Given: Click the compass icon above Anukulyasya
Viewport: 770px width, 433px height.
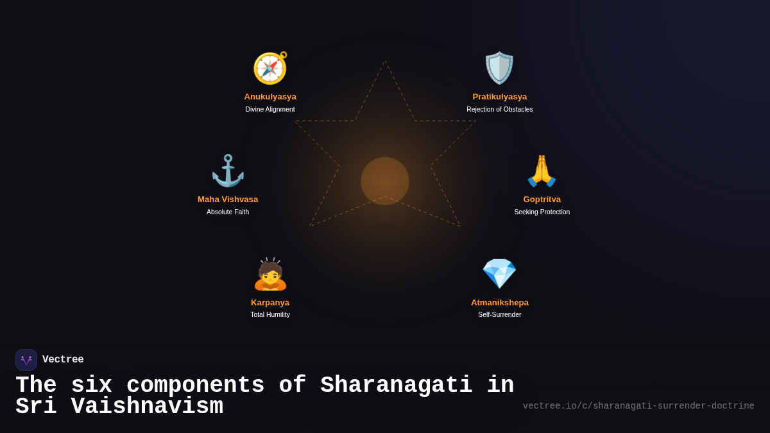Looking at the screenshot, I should coord(270,68).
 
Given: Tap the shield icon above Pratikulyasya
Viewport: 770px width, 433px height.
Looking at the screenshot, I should coord(499,68).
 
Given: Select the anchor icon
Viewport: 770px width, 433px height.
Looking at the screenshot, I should coord(228,171).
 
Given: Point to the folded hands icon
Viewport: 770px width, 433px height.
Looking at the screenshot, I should coord(542,171).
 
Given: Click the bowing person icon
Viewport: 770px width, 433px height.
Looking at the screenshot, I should coord(270,275).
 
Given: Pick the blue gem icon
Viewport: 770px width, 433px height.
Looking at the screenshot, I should coord(499,274).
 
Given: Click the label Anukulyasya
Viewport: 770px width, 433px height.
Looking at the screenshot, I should coord(270,97).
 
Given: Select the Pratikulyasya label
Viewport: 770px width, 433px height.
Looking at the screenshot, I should coord(499,97).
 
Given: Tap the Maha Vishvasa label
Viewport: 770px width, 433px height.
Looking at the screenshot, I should coord(228,200).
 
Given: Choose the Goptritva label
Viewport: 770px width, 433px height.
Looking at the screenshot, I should coord(542,200).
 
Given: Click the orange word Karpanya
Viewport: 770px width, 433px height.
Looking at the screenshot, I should coord(270,303).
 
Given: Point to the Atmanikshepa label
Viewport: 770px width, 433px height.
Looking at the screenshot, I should coord(499,303).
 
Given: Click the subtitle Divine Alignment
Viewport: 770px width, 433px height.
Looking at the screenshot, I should coord(270,110).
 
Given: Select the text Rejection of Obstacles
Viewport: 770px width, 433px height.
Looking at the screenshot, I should coord(499,110).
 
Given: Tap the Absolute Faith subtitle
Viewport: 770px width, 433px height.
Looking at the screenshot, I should coord(228,212).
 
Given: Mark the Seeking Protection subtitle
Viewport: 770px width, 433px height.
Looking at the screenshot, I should coord(542,212).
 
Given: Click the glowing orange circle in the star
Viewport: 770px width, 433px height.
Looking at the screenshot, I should coord(385,181).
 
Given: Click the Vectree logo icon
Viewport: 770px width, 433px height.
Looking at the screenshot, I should coord(26,360).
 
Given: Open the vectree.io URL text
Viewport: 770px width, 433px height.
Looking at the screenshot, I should coord(638,406).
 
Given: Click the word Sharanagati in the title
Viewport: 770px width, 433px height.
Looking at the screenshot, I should coord(396,386).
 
